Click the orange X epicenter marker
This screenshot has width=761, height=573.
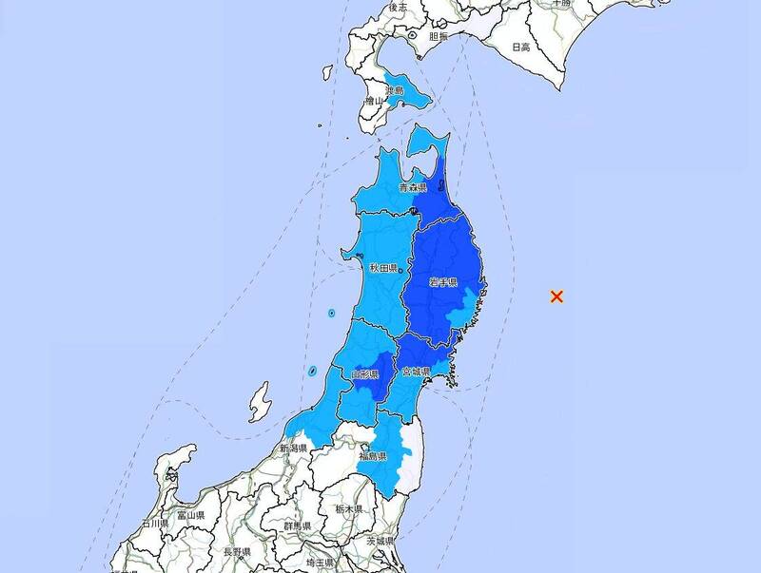pos(557,296)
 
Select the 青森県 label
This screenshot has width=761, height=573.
pos(413,190)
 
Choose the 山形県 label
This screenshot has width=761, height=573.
pos(364,376)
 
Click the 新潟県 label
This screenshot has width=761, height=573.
pos(293,449)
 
